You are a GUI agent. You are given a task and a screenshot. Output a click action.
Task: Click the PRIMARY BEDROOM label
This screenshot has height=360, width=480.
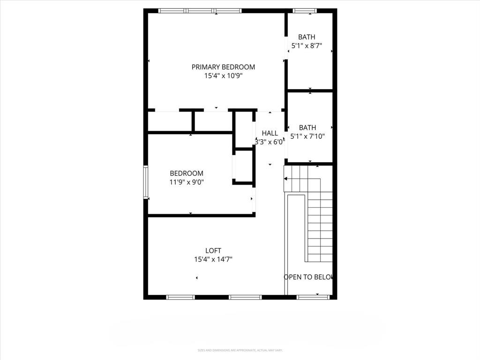tap(223, 67)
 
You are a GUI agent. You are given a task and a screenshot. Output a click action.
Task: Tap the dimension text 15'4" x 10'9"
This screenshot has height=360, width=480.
tap(223, 75)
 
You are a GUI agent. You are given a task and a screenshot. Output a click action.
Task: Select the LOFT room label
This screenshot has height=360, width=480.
tap(213, 251)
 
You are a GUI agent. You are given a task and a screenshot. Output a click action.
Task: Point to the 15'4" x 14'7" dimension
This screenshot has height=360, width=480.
tap(213, 259)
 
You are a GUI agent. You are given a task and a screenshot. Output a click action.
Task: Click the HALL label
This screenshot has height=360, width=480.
tap(270, 133)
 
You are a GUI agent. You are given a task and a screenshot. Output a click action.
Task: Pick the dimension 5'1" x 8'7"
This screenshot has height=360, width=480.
tap(307, 46)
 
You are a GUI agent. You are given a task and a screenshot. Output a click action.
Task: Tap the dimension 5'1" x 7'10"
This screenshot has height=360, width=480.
tap(307, 136)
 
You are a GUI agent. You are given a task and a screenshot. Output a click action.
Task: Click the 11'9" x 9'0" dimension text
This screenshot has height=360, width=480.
tap(187, 182)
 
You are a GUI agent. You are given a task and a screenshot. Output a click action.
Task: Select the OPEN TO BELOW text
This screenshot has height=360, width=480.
tap(308, 277)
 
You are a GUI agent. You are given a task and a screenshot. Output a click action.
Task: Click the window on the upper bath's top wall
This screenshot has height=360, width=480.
tap(305, 10)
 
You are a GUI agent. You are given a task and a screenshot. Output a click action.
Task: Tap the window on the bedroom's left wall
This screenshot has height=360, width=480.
tap(146, 182)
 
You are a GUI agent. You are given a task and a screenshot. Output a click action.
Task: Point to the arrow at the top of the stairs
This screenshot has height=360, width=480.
tap(286, 179)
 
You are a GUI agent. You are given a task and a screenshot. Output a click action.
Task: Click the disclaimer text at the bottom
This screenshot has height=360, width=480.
tap(240, 350)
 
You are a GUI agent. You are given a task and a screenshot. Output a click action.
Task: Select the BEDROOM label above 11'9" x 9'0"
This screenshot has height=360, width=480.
tap(187, 173)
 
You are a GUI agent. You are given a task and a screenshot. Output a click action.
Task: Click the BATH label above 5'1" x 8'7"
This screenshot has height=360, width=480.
tap(307, 37)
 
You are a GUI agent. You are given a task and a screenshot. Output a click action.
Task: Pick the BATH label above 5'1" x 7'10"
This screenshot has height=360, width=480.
tap(307, 127)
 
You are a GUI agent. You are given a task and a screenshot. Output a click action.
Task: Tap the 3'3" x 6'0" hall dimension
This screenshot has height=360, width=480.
tap(270, 142)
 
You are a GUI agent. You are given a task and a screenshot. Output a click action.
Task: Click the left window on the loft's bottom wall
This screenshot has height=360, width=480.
tap(180, 297)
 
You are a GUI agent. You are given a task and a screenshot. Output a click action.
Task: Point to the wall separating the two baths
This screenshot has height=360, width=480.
tap(310, 90)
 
